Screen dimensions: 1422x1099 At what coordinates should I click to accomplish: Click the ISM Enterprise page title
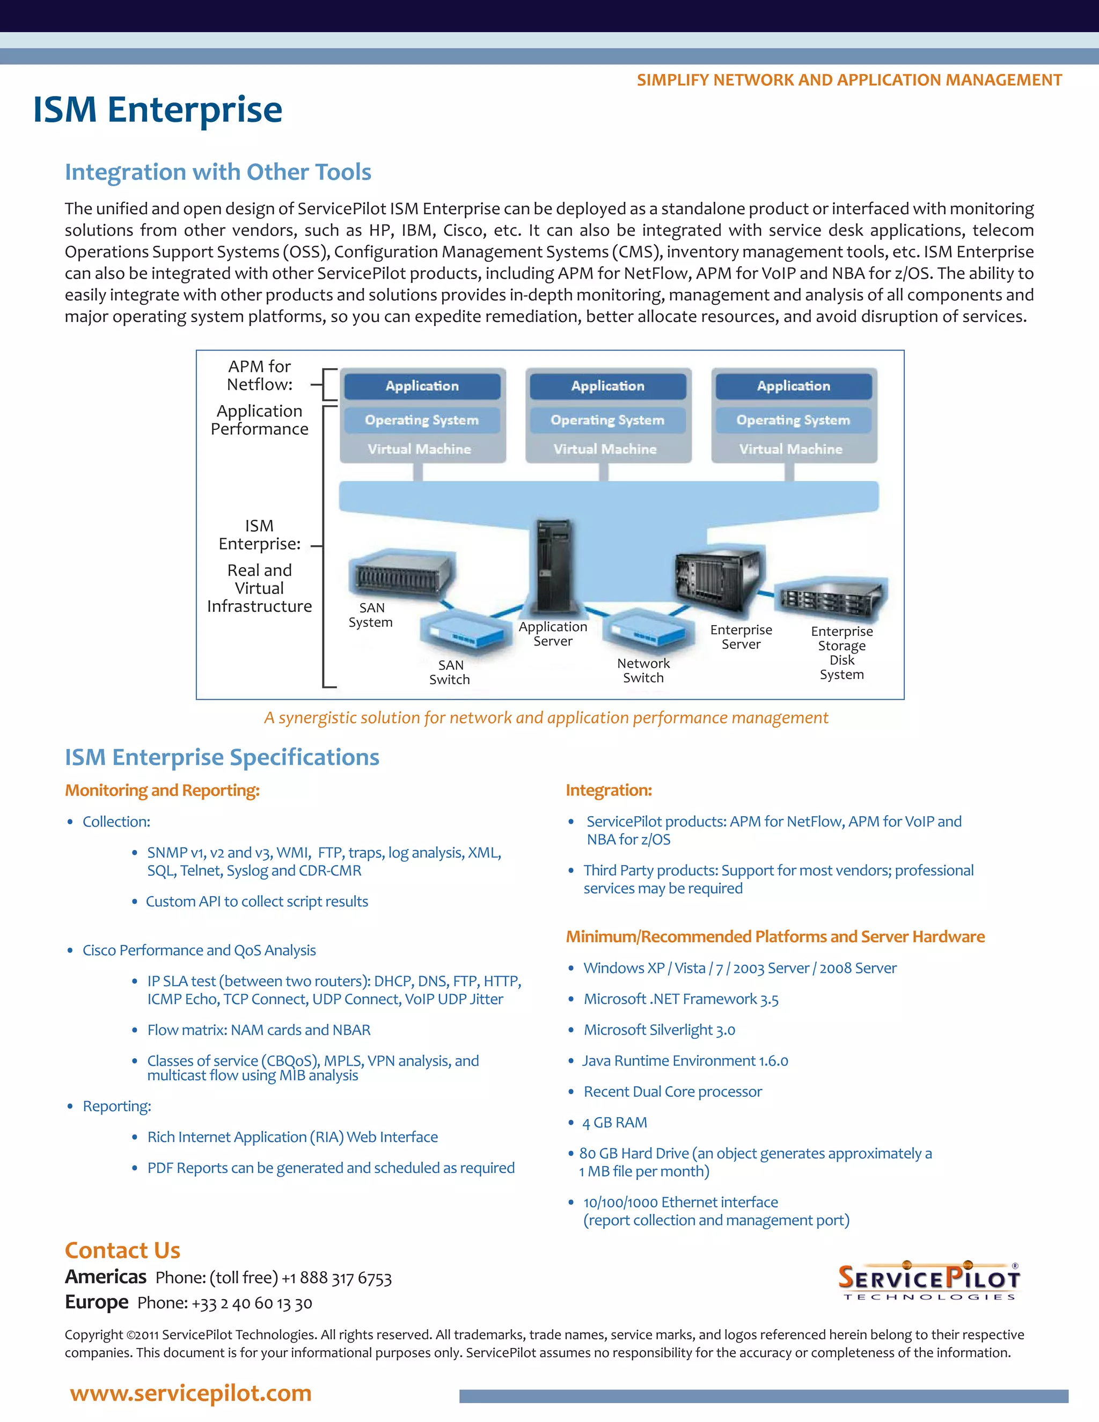[158, 109]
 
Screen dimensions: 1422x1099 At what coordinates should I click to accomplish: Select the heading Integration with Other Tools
[218, 172]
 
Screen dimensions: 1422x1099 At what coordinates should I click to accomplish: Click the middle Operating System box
[607, 420]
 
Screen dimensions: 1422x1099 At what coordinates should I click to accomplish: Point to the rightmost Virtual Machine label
[790, 449]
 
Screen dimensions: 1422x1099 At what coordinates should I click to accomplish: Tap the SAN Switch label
[450, 672]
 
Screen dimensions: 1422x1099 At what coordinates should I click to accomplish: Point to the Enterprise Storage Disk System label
[842, 653]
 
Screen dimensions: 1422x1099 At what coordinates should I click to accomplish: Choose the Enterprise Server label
[741, 637]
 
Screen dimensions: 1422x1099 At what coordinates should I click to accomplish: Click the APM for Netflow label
[260, 376]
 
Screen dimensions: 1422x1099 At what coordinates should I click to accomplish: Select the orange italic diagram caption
[546, 717]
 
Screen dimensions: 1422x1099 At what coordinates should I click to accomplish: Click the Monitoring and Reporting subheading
[162, 790]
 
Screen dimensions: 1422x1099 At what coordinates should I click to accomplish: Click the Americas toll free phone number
[336, 1278]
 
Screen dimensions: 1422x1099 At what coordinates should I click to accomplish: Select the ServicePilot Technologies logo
[929, 1281]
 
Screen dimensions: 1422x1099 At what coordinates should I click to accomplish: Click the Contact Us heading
[122, 1250]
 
